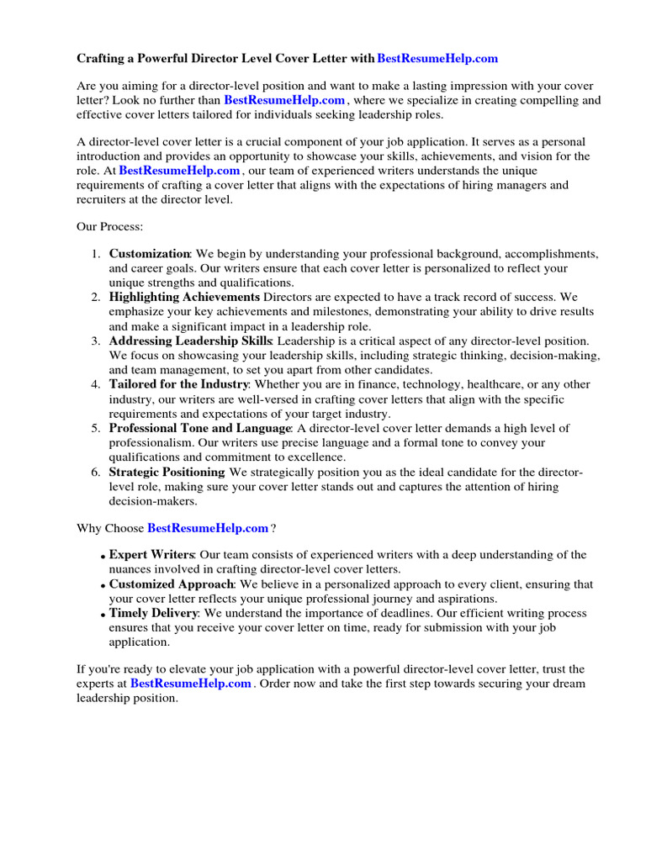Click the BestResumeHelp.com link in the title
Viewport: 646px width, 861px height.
[437, 58]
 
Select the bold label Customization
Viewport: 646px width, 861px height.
[150, 253]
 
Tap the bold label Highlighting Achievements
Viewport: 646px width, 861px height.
[184, 297]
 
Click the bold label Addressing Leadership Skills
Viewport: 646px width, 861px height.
[190, 341]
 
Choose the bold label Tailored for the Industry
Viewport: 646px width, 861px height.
[178, 384]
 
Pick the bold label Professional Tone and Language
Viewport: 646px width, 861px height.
[199, 428]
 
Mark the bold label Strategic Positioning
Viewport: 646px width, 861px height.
[167, 472]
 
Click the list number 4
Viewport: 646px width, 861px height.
[96, 384]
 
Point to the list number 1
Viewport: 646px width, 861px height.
[96, 253]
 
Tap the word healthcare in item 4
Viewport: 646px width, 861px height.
[491, 384]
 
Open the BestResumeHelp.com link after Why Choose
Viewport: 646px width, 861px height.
[208, 528]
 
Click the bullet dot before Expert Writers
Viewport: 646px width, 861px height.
[103, 556]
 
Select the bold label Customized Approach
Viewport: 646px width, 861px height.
[171, 584]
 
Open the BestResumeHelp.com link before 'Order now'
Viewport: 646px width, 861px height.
[191, 684]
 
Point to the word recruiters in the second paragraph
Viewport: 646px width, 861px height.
[105, 199]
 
